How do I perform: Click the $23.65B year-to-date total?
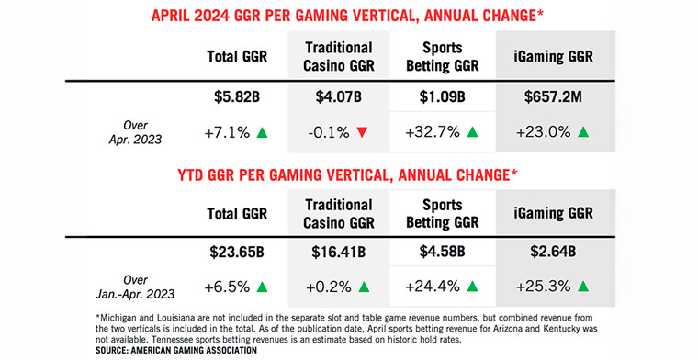[x=235, y=251]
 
